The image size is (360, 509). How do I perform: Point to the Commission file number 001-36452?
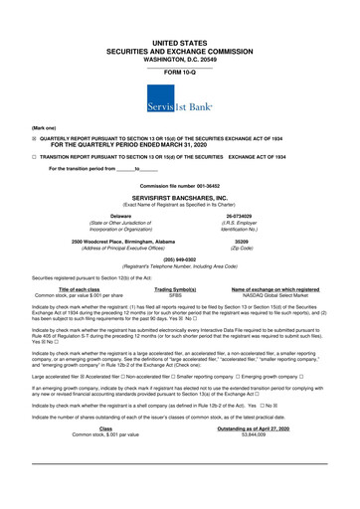pyautogui.click(x=179, y=187)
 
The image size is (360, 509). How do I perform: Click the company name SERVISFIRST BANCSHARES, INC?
pyautogui.click(x=179, y=197)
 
